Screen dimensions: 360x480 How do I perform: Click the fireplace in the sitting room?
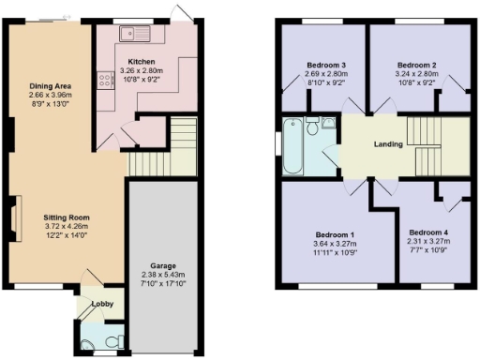[x=16, y=219]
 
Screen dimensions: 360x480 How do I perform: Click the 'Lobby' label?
[x=101, y=305]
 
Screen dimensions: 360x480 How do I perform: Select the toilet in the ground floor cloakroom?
[x=112, y=339]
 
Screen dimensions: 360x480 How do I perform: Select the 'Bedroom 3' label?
[x=326, y=65]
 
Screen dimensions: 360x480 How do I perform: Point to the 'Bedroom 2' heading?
[x=418, y=65]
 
